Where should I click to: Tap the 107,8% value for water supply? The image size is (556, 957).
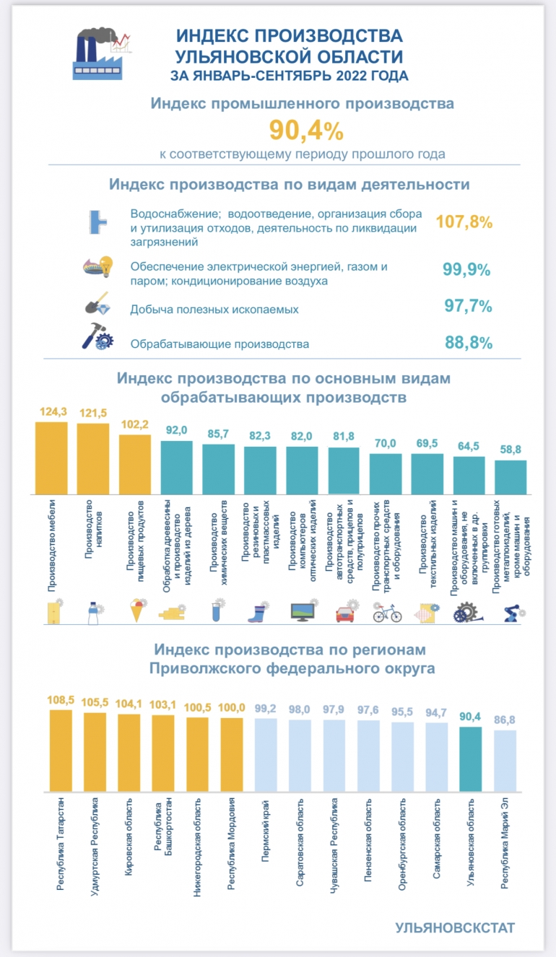click(464, 222)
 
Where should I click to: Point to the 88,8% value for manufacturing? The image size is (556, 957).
click(468, 342)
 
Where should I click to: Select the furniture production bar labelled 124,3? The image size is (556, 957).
click(51, 458)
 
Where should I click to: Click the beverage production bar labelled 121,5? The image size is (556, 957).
click(93, 458)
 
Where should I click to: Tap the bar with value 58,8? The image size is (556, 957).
click(511, 477)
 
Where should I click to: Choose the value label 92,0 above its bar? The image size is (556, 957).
click(176, 430)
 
